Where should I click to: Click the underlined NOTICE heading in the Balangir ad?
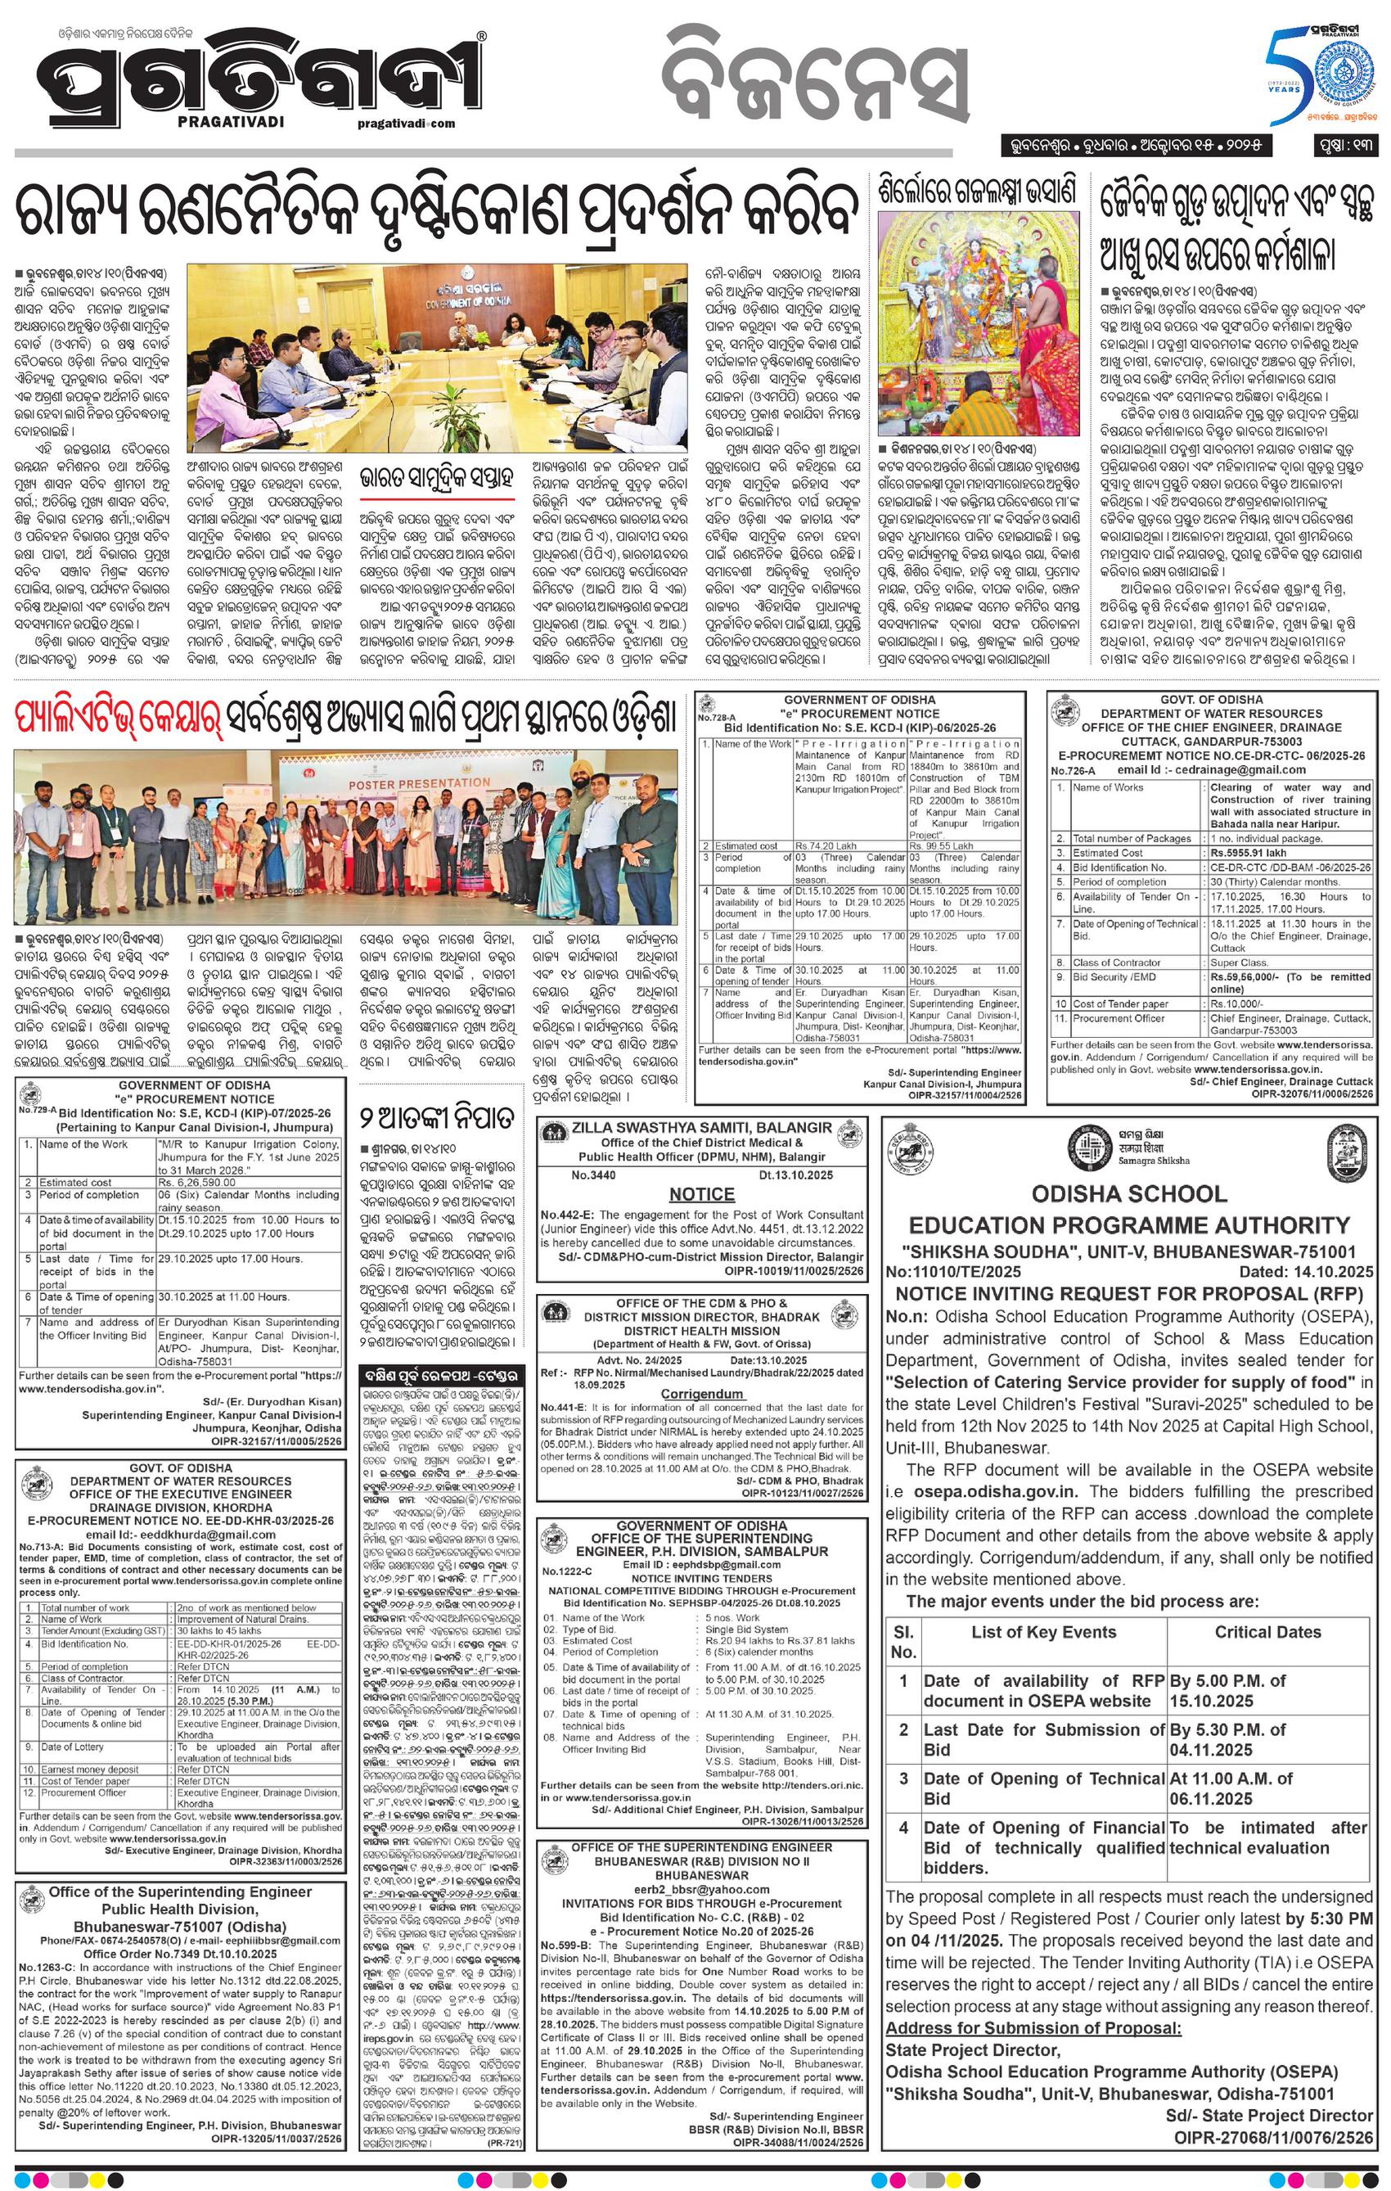(x=701, y=1194)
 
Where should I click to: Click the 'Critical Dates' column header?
(x=1267, y=1631)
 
